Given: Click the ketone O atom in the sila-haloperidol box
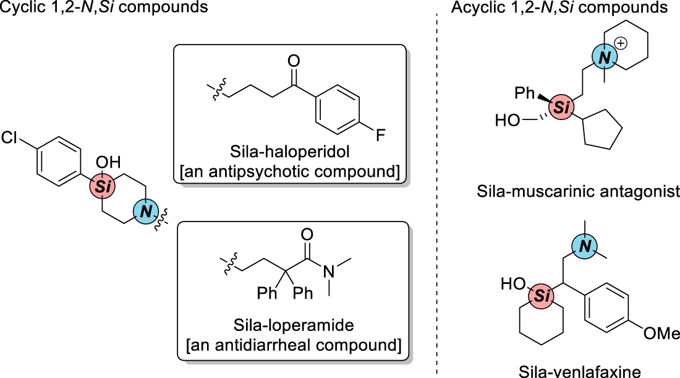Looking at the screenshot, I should pyautogui.click(x=294, y=61).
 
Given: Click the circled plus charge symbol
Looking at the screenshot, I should pyautogui.click(x=622, y=43).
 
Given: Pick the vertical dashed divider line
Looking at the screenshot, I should pyautogui.click(x=437, y=198).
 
